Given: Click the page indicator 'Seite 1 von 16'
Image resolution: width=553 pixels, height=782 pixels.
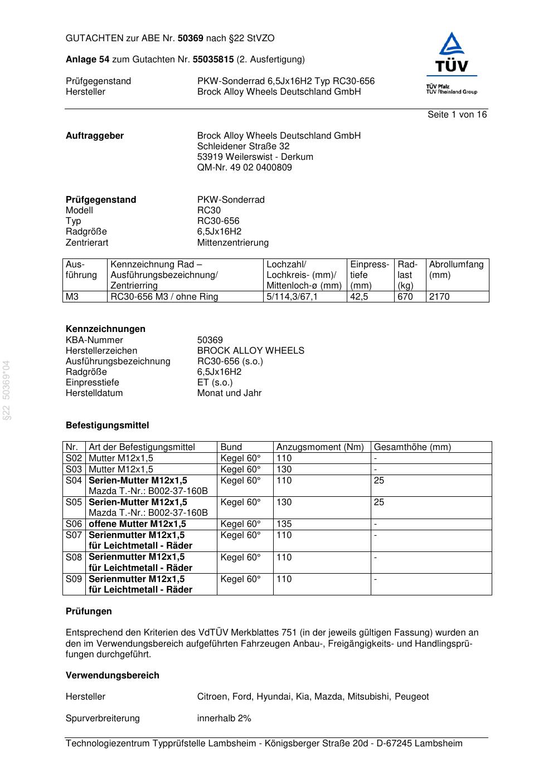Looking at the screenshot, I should click(x=457, y=115).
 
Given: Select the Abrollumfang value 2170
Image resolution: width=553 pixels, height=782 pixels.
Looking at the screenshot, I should click(x=439, y=297).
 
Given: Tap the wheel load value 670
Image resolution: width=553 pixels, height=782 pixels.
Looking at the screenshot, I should click(x=405, y=297).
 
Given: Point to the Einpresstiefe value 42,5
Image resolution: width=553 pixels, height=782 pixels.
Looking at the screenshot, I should click(x=359, y=297).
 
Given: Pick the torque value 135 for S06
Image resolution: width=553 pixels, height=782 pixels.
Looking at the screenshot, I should click(x=284, y=524).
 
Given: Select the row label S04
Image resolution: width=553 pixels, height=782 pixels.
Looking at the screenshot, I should click(x=74, y=481).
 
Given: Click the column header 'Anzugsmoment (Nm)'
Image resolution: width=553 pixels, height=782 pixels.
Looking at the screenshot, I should click(x=320, y=447).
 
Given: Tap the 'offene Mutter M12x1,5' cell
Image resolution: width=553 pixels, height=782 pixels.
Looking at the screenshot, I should click(x=137, y=524).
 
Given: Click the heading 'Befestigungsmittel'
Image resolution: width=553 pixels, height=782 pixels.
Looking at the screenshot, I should click(x=107, y=426).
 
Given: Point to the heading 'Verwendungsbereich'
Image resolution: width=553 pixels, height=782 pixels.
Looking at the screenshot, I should click(x=112, y=676).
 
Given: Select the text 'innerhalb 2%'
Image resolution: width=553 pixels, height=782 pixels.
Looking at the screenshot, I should click(x=224, y=719).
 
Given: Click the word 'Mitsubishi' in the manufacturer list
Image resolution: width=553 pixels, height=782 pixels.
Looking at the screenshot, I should click(x=368, y=697).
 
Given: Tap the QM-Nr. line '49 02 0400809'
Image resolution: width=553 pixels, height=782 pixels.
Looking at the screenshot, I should click(x=244, y=168).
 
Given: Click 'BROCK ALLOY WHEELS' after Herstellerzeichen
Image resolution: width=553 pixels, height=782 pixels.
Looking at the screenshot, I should click(x=250, y=351).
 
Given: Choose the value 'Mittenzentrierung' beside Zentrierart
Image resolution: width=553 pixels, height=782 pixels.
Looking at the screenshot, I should click(x=232, y=243).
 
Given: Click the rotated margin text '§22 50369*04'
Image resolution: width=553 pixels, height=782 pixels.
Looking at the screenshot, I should click(x=7, y=390).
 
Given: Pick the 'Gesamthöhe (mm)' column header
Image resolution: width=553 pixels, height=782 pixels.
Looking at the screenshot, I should click(x=412, y=447).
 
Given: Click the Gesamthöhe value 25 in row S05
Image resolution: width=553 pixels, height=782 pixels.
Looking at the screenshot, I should click(x=379, y=502).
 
